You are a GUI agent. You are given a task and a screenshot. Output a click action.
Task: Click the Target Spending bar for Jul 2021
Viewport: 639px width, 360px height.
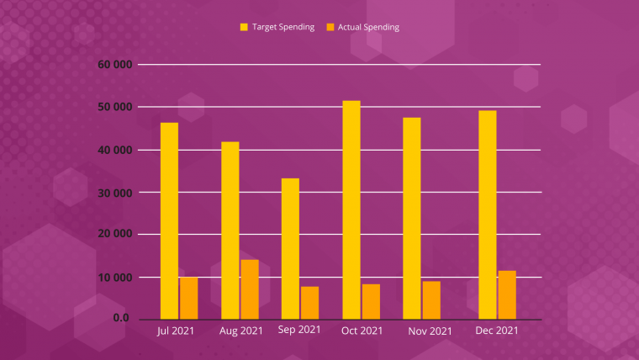169,220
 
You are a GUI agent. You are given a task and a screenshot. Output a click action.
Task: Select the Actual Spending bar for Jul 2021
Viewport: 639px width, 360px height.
188,298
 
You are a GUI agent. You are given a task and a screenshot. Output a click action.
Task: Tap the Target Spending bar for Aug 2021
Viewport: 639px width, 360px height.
230,230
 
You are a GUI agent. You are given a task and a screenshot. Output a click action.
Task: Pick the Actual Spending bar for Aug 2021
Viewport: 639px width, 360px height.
250,289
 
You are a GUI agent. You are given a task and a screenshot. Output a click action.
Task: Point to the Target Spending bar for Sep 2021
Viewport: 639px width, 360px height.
290,248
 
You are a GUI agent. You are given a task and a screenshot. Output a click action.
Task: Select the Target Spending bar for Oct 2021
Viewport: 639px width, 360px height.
351,209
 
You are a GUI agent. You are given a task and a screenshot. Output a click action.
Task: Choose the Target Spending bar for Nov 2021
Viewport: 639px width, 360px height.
411,218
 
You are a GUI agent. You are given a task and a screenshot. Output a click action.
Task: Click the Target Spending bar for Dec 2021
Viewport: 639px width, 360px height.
487,214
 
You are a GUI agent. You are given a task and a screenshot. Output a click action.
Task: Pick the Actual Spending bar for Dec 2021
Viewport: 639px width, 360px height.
507,294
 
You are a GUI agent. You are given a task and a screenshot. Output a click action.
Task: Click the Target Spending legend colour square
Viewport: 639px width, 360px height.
244,27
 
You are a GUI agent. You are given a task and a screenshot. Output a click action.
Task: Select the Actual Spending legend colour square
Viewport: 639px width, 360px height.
330,27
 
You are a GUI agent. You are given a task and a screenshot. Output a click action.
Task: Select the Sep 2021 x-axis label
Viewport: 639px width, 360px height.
299,330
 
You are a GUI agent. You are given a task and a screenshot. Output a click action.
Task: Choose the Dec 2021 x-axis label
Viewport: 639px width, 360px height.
496,331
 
